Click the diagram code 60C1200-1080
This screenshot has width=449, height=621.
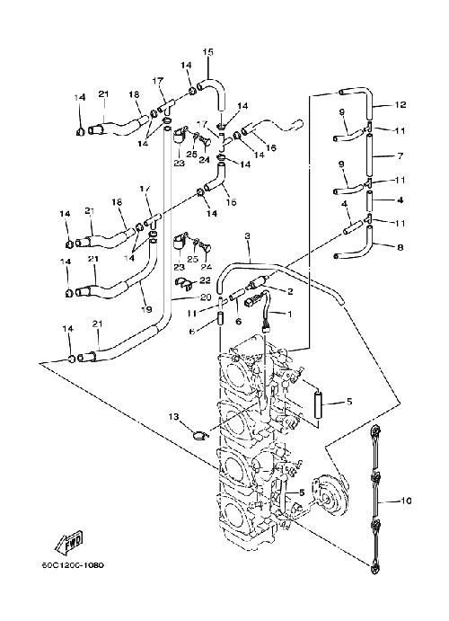[73, 565]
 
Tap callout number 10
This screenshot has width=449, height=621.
[406, 501]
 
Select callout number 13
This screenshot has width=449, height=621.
[173, 417]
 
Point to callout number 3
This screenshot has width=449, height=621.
[248, 236]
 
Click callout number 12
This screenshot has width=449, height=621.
[401, 104]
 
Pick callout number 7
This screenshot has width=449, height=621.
[400, 156]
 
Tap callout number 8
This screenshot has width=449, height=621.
[401, 247]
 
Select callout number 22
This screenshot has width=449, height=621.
[205, 280]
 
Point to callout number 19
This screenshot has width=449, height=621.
[146, 309]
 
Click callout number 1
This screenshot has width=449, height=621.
[289, 314]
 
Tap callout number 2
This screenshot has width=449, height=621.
[290, 292]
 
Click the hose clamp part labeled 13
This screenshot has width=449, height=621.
[200, 436]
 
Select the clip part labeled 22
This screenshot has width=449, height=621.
[183, 281]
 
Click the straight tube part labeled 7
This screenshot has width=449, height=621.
[369, 155]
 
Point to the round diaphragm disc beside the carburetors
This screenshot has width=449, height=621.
[332, 493]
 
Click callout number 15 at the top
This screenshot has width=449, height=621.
[207, 52]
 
